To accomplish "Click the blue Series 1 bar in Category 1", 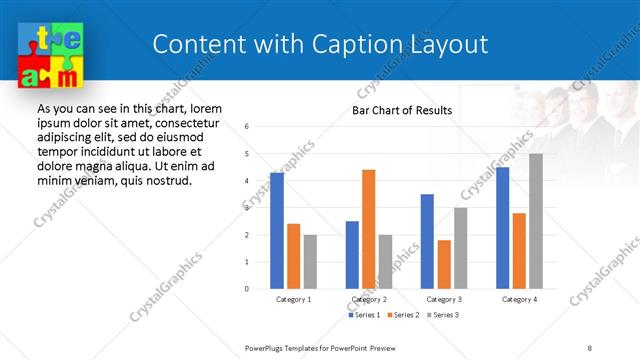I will point(277,231).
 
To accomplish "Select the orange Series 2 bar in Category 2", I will point(368,229).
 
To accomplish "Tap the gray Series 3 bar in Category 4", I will point(536,221).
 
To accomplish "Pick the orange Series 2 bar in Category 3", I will point(444,264).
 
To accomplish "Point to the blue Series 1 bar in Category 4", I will point(502,228).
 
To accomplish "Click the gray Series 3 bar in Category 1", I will point(310,262).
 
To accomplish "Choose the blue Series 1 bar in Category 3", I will point(427,241).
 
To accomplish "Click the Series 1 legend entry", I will point(366,315).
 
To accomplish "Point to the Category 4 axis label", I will point(519,299).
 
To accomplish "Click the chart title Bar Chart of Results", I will point(401,110).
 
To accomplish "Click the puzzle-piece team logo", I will point(49,56).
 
